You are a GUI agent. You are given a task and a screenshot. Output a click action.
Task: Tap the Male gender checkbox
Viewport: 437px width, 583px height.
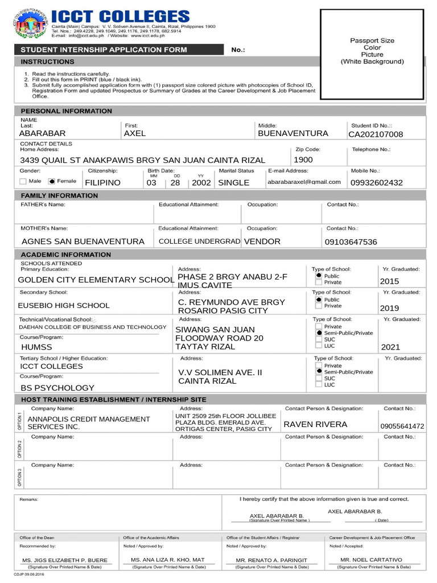tap(23, 182)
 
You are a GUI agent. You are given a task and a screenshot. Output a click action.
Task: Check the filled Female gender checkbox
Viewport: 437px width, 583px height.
tap(51, 182)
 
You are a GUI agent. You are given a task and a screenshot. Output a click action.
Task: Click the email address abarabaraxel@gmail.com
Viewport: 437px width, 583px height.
tap(304, 182)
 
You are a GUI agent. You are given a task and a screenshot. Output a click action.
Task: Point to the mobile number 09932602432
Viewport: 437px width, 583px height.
tap(376, 183)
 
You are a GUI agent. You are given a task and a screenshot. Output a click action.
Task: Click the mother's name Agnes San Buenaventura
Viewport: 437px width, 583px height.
tap(83, 241)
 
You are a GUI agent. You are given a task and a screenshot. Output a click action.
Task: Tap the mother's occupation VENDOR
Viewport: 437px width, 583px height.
tap(262, 241)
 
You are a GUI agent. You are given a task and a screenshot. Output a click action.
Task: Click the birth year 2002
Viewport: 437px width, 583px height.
tap(201, 183)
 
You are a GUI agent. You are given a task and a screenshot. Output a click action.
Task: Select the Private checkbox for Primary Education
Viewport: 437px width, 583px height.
tap(318, 282)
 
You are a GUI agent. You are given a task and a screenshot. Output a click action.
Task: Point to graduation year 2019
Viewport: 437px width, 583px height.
tap(389, 309)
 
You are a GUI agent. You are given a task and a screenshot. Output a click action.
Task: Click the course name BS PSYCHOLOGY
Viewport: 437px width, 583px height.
tap(57, 388)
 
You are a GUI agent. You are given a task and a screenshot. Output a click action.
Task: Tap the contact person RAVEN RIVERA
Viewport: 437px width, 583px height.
tap(315, 425)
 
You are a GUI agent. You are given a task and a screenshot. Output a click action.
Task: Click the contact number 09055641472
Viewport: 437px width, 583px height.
tap(402, 426)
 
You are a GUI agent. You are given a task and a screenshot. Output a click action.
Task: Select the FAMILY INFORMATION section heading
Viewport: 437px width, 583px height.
tap(59, 195)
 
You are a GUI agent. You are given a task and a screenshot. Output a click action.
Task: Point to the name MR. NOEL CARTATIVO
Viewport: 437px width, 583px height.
tap(371, 560)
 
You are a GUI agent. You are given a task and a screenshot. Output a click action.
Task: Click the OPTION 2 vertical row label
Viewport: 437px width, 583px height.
tap(20, 449)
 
